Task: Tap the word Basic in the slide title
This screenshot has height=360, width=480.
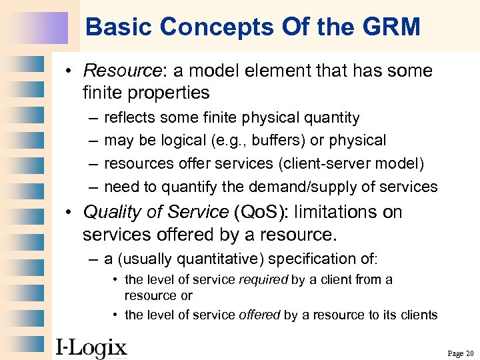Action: pyautogui.click(x=114, y=27)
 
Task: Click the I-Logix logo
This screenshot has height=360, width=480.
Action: pyautogui.click(x=91, y=347)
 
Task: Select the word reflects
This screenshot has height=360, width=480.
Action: pyautogui.click(x=129, y=118)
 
